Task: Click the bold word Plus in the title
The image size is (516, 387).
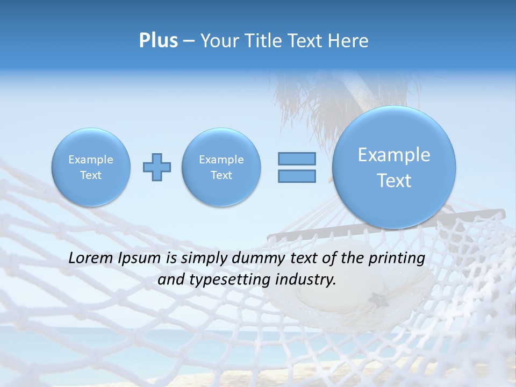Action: pos(158,41)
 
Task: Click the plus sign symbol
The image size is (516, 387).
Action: pos(157,167)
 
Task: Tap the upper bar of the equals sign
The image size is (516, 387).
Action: pos(297,159)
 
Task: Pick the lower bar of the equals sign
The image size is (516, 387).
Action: pos(297,176)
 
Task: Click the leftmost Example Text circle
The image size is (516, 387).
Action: pos(91,167)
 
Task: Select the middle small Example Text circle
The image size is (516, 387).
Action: pos(221,167)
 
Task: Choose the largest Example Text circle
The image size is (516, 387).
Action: pos(394,167)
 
